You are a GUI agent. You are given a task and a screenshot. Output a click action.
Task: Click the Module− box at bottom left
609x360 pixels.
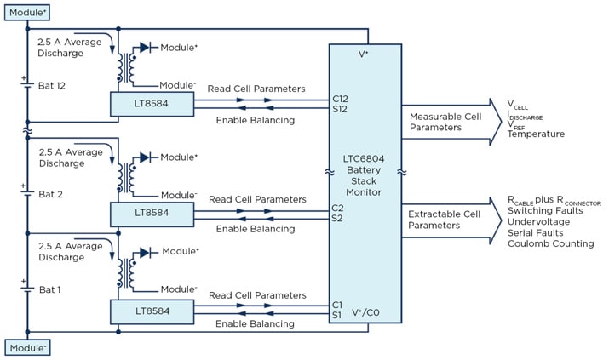(x=26, y=347)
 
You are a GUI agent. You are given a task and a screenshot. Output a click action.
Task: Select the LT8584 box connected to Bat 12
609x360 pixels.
(x=152, y=104)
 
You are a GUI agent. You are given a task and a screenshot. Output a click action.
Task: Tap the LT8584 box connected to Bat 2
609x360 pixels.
(x=152, y=213)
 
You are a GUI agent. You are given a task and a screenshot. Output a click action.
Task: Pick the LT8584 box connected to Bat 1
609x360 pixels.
(x=152, y=311)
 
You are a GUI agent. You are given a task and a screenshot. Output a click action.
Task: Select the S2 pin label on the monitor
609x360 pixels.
(x=338, y=218)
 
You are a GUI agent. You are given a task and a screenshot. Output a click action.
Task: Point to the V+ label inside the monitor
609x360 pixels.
(x=365, y=54)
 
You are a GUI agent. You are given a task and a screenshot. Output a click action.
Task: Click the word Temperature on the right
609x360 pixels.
(x=536, y=134)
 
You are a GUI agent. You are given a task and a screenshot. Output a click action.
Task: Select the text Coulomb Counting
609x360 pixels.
(x=550, y=243)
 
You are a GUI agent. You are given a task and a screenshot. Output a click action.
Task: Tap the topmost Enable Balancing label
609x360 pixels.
(x=255, y=120)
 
